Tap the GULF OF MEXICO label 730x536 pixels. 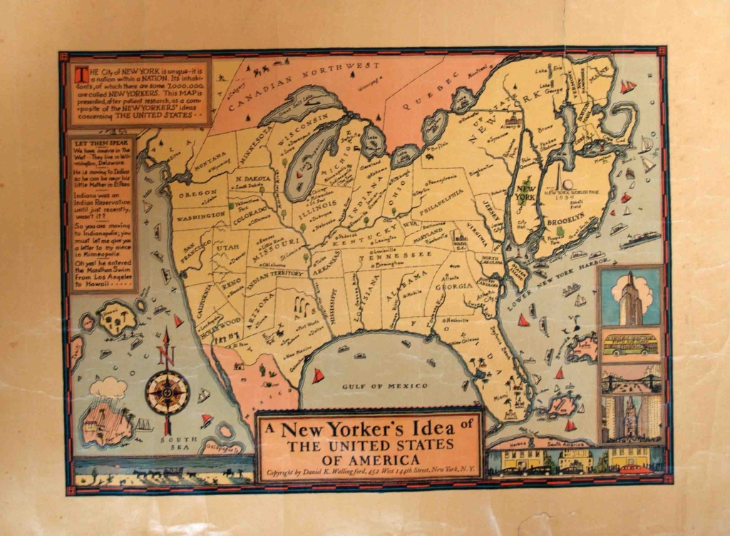tap(385, 386)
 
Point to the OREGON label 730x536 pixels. tap(198, 193)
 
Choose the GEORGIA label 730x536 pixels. tap(454, 286)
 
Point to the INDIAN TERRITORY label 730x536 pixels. tap(277, 274)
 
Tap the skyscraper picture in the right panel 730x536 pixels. tap(630, 298)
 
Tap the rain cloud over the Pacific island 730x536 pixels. tap(108, 388)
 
